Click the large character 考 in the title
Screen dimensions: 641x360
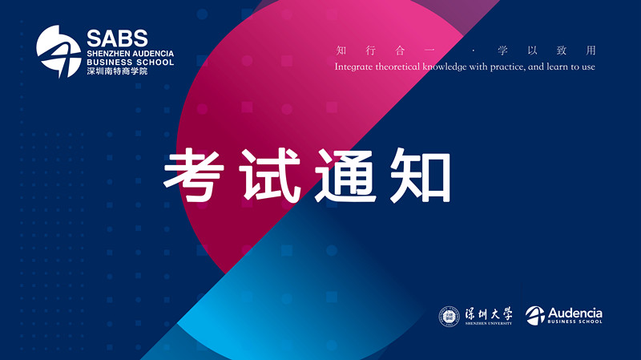(x=194, y=176)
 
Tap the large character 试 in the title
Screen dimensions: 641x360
(x=271, y=176)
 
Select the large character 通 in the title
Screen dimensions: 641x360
(x=346, y=176)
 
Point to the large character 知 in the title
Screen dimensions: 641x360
(x=420, y=176)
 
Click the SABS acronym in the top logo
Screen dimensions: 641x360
(x=117, y=38)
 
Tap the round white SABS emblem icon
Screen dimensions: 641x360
(x=58, y=51)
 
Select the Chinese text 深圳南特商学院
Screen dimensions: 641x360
(x=117, y=71)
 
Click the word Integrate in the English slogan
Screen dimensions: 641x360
(x=354, y=67)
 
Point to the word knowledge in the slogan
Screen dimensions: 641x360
(x=445, y=67)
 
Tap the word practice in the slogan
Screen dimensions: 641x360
(x=507, y=67)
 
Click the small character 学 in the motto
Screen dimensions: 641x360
(x=503, y=51)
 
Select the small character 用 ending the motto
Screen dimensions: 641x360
(x=591, y=51)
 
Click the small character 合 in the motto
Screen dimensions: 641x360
(x=400, y=51)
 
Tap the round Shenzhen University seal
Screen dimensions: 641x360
(x=450, y=316)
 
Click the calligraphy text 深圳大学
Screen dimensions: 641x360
(x=489, y=313)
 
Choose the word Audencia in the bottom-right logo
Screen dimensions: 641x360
(x=574, y=313)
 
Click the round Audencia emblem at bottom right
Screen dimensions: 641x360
(x=535, y=315)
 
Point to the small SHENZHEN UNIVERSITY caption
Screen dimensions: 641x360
(x=489, y=323)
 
